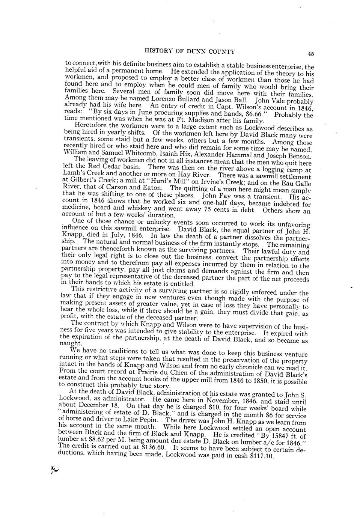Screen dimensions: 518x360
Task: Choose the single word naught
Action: click(71, 343)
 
